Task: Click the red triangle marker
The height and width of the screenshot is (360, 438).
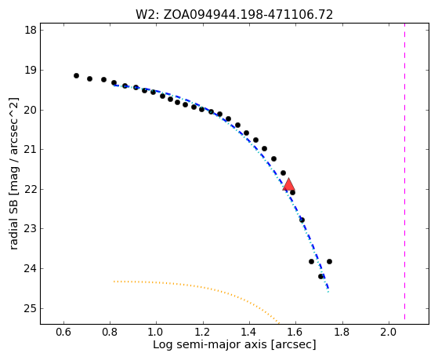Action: click(x=288, y=184)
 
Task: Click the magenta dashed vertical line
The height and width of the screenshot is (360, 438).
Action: click(x=404, y=172)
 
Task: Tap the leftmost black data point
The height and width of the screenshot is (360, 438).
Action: click(x=76, y=75)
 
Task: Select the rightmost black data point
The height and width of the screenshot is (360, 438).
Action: click(x=329, y=261)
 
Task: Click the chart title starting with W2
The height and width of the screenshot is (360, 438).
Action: click(x=234, y=15)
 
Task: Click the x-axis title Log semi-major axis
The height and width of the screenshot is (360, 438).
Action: click(x=234, y=344)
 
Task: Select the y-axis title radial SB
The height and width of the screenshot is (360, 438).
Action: click(x=13, y=173)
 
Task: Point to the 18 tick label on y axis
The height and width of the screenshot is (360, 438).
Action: click(x=31, y=30)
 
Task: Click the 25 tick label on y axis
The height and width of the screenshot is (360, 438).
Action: click(x=31, y=309)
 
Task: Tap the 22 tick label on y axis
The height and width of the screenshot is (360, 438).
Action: click(x=31, y=189)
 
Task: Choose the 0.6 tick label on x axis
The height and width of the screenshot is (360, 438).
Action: click(x=63, y=332)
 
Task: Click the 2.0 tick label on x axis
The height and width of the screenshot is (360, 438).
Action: click(x=389, y=332)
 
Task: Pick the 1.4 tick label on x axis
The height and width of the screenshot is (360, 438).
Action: click(x=249, y=332)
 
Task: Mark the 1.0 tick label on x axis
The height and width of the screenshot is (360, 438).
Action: click(x=156, y=332)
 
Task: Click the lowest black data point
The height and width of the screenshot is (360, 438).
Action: click(x=320, y=276)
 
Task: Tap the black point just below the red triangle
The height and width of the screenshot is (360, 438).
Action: click(x=292, y=192)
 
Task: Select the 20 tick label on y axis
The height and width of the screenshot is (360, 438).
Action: click(x=31, y=110)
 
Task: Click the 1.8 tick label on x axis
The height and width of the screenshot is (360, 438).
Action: click(x=342, y=332)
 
